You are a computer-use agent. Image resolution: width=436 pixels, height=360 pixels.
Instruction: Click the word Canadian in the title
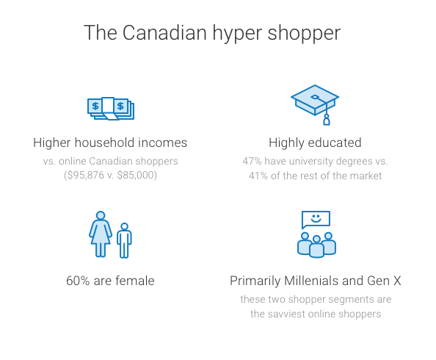click(164, 32)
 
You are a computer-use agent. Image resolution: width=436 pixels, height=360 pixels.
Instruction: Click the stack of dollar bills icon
click(111, 109)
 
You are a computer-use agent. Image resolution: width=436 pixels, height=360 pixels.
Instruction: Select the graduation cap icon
click(315, 104)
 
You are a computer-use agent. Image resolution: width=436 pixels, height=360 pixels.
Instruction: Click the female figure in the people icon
click(101, 234)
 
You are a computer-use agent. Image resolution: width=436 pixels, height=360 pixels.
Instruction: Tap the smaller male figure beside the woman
click(124, 240)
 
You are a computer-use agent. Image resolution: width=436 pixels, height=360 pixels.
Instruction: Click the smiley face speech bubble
click(316, 220)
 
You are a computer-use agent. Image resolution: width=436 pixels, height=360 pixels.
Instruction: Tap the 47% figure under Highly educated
click(252, 161)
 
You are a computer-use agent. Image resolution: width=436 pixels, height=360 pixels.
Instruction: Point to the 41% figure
click(258, 176)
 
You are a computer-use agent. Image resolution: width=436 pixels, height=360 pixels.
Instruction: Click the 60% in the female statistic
click(78, 281)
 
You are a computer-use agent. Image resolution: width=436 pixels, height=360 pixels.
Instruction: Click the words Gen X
click(384, 281)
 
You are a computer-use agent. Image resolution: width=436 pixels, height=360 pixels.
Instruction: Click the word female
click(135, 281)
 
